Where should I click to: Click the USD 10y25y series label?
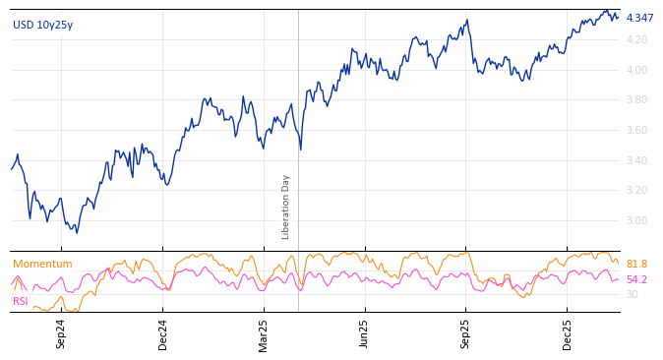point(42,25)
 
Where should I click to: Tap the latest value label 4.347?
point(639,18)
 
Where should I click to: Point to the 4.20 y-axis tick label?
point(636,39)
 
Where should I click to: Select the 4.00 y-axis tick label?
point(636,70)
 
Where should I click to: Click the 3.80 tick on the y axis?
point(636,99)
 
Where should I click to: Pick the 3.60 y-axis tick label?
point(636,130)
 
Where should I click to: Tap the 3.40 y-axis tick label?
point(636,160)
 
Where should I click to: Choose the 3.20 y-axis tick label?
point(636,190)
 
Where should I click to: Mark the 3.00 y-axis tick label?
point(636,220)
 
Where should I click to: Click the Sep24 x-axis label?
point(61,333)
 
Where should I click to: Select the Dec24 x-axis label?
point(163,333)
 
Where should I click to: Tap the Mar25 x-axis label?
point(264,333)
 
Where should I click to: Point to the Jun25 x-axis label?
point(364,333)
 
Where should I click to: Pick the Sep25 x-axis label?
point(465,333)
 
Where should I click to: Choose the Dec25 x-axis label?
point(568,333)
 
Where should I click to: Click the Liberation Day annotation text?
point(286,207)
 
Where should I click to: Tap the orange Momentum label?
point(42,264)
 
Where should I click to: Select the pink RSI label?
point(20,301)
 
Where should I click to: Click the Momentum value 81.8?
point(636,264)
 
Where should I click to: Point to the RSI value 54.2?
point(636,279)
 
